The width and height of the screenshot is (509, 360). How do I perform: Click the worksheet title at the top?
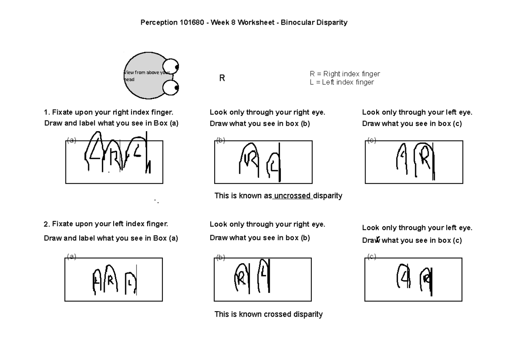pos(244,22)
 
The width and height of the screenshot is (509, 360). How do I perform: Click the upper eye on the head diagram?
pos(171,67)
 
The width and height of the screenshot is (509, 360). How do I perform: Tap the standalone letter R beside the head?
pos(221,79)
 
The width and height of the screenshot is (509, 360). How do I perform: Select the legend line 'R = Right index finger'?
pos(345,74)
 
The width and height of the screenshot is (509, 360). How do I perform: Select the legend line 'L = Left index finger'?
pos(342,82)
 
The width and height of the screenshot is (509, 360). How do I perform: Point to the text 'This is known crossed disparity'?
pos(268,315)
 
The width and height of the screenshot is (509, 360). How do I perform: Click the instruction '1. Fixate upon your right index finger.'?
pos(109,112)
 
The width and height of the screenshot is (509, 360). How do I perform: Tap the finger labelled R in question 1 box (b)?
pos(249,160)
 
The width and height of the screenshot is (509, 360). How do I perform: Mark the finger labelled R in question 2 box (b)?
pos(241,278)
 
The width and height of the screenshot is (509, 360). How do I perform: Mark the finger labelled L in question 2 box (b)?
pos(263,275)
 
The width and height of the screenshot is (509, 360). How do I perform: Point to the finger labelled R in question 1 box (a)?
pos(113,157)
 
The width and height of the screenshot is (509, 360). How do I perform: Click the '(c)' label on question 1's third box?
pos(372,141)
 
